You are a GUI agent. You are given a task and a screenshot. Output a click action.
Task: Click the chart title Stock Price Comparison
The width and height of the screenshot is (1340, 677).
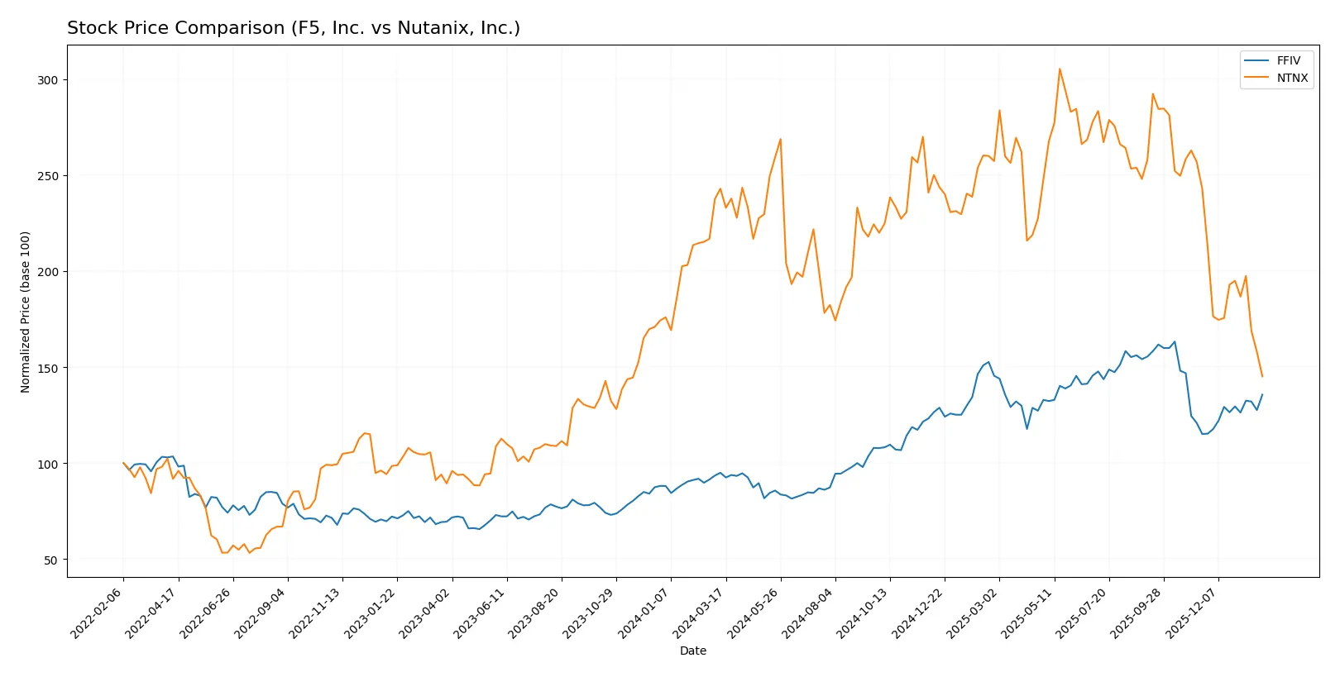pos(294,28)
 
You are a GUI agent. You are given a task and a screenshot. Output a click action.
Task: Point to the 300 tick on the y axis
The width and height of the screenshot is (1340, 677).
pos(48,80)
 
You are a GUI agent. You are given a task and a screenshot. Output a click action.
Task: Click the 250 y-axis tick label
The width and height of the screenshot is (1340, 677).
pos(48,176)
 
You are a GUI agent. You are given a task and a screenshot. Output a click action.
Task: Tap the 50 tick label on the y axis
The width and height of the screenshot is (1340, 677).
pos(51,560)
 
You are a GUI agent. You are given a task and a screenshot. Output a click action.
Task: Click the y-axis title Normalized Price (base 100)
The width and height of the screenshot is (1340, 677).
pos(26,312)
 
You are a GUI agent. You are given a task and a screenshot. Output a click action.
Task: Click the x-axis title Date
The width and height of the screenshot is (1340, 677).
pos(692,651)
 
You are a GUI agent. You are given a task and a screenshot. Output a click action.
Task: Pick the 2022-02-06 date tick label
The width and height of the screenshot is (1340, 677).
pos(97,613)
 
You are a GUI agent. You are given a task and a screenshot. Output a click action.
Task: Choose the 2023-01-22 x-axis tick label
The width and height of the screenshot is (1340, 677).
pos(371,613)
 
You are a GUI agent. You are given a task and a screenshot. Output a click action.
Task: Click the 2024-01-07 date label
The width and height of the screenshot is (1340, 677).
pos(644,613)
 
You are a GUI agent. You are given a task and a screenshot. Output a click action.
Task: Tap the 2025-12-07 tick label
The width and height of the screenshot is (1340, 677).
pos(1192,613)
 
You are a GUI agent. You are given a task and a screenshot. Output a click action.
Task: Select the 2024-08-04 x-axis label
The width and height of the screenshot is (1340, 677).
pos(808,613)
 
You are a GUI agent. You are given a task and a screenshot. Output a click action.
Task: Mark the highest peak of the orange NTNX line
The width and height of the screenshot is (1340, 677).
pos(1060,69)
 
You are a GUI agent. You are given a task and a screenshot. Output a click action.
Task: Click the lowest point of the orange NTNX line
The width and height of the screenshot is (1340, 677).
pos(223,552)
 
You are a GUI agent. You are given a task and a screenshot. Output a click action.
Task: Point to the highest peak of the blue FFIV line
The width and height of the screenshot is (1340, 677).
pos(1175,341)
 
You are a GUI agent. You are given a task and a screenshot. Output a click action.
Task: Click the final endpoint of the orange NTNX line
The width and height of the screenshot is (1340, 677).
pos(1262,377)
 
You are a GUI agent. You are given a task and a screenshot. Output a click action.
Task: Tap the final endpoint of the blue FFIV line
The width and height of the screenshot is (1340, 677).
pos(1262,394)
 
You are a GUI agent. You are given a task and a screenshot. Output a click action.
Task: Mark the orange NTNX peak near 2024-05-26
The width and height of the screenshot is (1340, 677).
pos(780,139)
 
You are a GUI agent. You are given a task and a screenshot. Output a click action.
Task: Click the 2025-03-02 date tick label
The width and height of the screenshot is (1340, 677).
pos(973,613)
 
